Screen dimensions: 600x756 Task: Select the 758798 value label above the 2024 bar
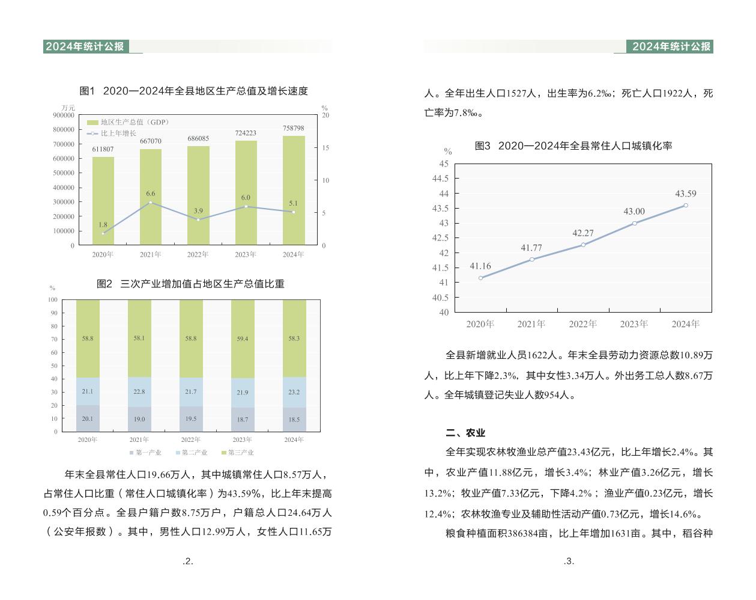[294, 128]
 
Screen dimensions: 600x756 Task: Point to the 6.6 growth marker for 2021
[151, 202]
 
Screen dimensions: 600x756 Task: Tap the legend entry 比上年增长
[118, 133]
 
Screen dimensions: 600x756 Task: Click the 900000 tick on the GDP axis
[64, 115]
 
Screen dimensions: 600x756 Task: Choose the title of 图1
[193, 91]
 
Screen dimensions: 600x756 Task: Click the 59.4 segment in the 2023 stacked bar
[243, 338]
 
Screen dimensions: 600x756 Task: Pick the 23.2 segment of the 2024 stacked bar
[294, 392]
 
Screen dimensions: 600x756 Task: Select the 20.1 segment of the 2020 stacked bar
[88, 418]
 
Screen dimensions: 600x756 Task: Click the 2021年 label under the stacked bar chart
[139, 439]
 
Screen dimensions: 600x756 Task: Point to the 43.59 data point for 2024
[686, 205]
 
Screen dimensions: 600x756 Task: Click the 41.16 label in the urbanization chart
[480, 266]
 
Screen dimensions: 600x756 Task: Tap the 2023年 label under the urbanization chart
[634, 324]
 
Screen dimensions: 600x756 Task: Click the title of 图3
[573, 146]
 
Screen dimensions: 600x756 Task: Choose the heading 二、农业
[465, 433]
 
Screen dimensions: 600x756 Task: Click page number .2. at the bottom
[188, 562]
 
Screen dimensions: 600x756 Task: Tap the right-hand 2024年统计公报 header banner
[671, 46]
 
